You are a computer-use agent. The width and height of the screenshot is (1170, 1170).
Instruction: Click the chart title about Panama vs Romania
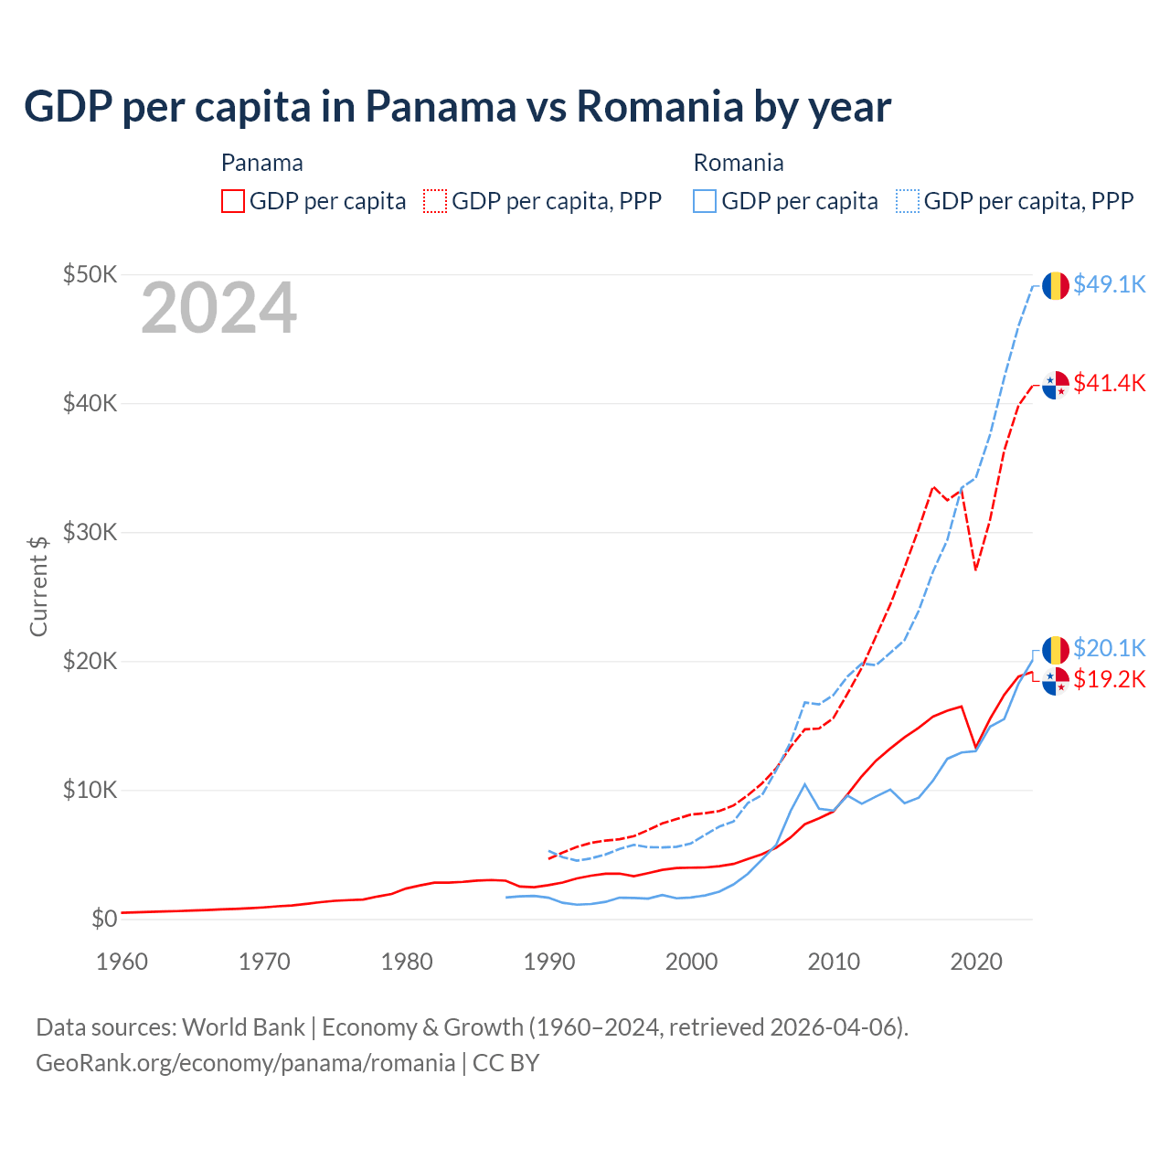coord(457,107)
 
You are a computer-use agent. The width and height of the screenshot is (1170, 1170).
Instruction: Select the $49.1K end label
coord(1109,284)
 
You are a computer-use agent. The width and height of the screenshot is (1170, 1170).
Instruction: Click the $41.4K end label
coord(1109,383)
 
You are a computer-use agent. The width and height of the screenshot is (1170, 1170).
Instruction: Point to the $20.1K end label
coord(1109,648)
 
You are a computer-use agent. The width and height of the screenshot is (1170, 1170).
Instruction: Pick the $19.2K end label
coord(1109,679)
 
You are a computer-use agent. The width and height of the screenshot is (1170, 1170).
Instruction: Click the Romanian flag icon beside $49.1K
coord(1056,285)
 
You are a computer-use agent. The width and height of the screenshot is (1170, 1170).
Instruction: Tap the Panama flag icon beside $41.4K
coord(1056,385)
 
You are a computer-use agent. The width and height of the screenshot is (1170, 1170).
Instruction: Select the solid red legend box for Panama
coord(233,201)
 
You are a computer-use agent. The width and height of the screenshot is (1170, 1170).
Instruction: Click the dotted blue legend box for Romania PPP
coord(908,201)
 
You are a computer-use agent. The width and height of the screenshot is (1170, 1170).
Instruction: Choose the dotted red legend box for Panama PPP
coord(436,201)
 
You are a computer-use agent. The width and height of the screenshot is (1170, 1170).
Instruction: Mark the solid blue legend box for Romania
coord(705,201)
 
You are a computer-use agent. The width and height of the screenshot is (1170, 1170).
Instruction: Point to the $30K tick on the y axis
coord(90,532)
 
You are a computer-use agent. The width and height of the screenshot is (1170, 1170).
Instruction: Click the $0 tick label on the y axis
coord(104,919)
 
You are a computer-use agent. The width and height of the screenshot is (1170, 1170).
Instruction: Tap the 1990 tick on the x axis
coord(549,962)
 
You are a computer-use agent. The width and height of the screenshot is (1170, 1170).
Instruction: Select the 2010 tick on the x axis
coord(834,962)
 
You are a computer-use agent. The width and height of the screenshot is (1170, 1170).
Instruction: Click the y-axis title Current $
coord(38,586)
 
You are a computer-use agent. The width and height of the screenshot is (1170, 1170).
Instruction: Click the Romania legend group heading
coord(739,163)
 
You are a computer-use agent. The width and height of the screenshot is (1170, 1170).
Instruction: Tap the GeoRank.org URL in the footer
coord(245,1063)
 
